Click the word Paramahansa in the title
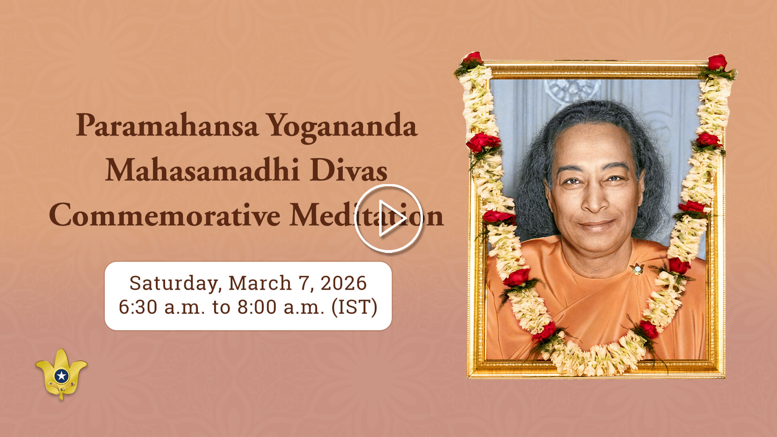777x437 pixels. tap(167, 126)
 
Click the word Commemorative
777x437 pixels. tap(164, 215)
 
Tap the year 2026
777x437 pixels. tap(344, 283)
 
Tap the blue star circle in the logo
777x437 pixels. tap(62, 376)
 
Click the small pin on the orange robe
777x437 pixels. tap(637, 269)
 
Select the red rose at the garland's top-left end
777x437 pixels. tap(472, 58)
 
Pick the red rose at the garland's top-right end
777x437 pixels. tap(717, 62)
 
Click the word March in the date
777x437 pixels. tap(260, 283)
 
